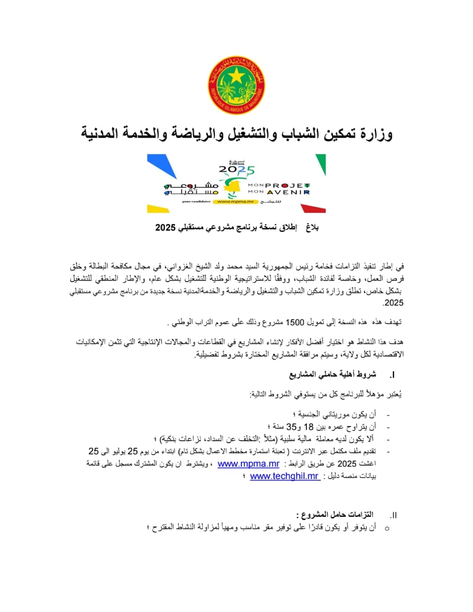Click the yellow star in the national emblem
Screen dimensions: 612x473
(x=236, y=75)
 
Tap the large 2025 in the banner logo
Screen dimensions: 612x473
(x=237, y=170)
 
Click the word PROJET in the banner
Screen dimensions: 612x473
(x=288, y=185)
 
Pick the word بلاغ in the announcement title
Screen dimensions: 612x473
(x=312, y=228)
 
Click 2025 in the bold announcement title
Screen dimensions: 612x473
(x=165, y=228)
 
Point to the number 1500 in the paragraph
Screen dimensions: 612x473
(x=295, y=322)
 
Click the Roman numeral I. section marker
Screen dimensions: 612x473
(x=392, y=375)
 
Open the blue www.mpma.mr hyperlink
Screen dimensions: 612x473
(x=248, y=464)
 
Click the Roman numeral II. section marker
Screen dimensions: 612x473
(x=393, y=515)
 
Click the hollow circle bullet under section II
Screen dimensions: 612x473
(x=387, y=528)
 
